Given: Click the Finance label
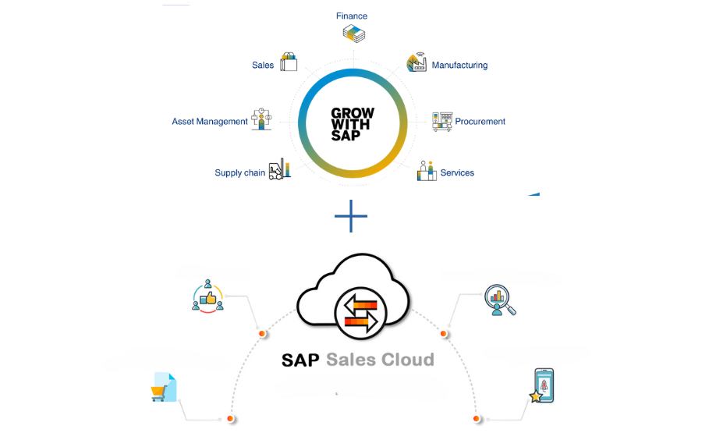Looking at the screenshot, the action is (x=352, y=16).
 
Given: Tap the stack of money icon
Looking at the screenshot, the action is (x=353, y=34).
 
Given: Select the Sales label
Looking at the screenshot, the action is (x=263, y=66).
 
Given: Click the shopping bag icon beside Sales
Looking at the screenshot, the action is (x=289, y=62).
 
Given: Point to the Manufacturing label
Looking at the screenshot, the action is (x=459, y=66).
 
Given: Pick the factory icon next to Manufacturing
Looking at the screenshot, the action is (x=417, y=62).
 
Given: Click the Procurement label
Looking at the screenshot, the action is (x=480, y=121).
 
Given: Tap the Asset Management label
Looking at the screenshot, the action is (x=210, y=121).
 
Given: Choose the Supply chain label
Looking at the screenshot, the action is (x=239, y=172).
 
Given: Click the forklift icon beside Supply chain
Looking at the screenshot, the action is (x=279, y=169).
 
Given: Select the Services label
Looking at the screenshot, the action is (x=457, y=172).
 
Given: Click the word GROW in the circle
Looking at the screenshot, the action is (x=353, y=113).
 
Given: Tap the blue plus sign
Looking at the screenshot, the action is (x=351, y=216).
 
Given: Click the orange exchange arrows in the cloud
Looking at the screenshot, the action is (x=361, y=312).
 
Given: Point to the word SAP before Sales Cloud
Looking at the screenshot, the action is (x=300, y=360).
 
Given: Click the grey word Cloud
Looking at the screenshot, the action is (x=408, y=360).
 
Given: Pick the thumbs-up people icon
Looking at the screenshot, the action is (x=207, y=296).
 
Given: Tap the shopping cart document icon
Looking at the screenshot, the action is (x=164, y=387).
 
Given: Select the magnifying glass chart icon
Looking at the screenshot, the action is (x=500, y=300).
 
